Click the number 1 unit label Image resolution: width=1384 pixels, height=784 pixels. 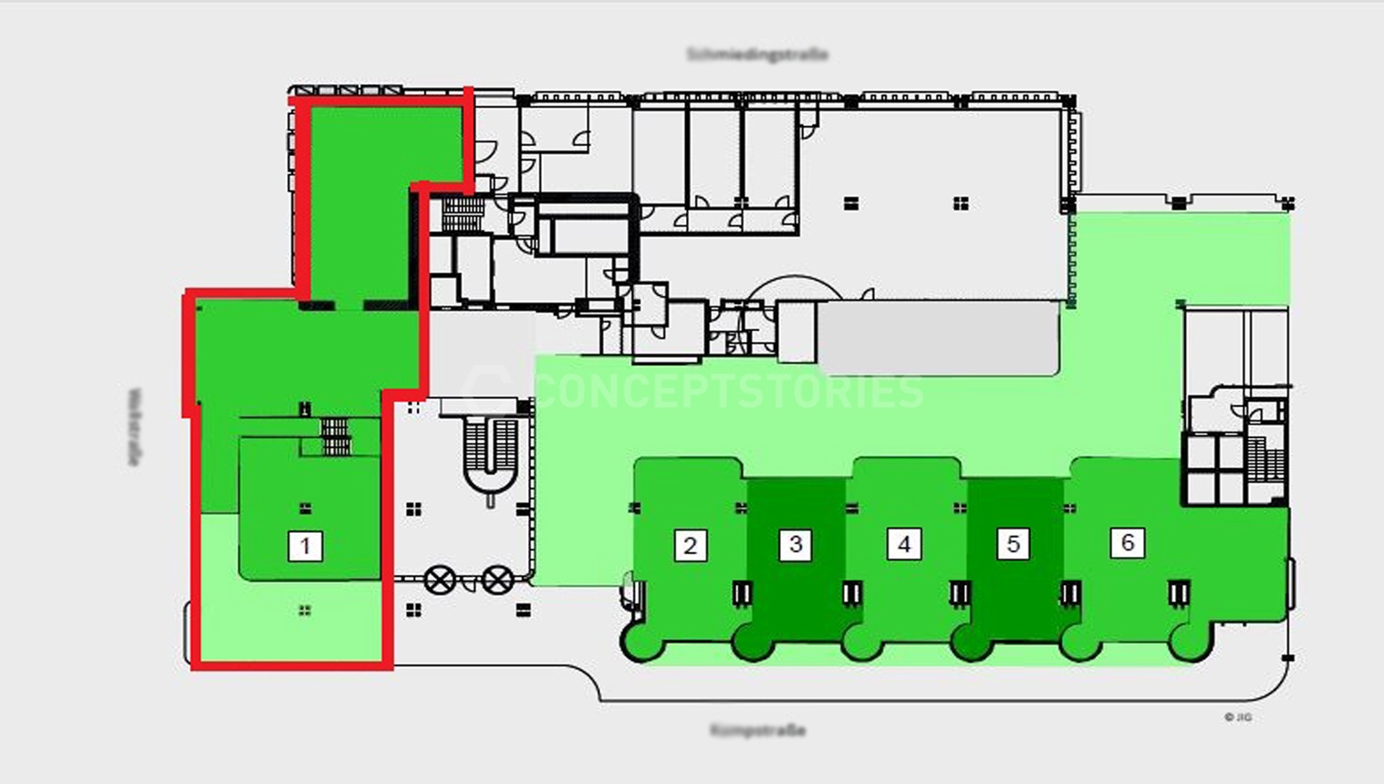(305, 547)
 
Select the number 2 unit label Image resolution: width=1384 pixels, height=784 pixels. (691, 546)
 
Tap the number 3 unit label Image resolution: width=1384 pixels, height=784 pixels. (796, 545)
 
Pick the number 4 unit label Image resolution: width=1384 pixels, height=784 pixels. (904, 545)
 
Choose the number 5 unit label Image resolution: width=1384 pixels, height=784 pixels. (1013, 544)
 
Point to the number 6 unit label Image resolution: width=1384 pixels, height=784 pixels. (1128, 543)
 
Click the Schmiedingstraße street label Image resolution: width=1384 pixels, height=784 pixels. (757, 55)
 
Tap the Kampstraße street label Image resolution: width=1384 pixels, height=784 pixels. (757, 730)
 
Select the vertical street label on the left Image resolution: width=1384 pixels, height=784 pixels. (135, 427)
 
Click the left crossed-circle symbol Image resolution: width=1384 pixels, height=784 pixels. (441, 580)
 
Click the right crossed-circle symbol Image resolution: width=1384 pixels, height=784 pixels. (497, 580)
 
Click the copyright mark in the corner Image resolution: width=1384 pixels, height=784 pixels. (1238, 717)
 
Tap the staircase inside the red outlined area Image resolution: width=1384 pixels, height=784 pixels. (336, 435)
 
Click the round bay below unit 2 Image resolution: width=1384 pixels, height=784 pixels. (643, 643)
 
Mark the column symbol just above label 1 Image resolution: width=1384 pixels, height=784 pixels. (305, 508)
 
